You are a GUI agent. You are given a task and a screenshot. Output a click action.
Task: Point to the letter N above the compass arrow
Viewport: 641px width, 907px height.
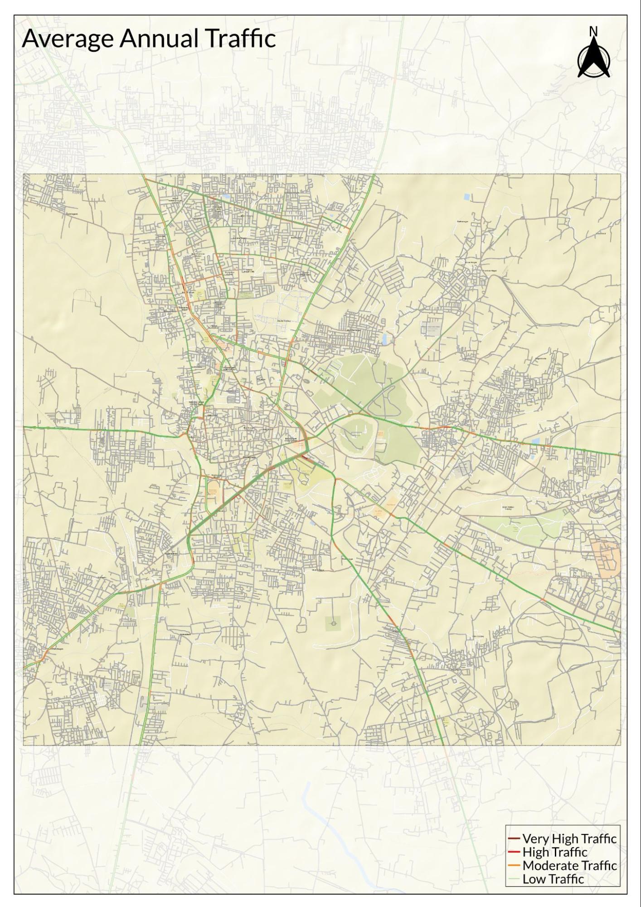593,31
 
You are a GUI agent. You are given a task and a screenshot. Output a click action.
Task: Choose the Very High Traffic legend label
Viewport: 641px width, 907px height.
569,838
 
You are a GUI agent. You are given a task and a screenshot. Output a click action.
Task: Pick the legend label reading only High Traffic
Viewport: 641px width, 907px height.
555,852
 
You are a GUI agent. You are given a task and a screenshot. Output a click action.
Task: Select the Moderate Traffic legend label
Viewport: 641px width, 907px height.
569,866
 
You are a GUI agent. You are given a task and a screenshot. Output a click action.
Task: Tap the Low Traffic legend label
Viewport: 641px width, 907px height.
553,879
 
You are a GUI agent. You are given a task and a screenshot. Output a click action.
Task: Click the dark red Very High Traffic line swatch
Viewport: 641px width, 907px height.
514,838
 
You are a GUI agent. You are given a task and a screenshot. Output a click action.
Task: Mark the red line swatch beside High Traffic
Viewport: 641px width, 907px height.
514,852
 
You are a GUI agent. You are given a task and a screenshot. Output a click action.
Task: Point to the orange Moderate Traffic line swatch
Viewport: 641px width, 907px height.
514,866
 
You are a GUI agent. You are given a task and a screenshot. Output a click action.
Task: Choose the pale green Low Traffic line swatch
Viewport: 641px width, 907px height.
514,879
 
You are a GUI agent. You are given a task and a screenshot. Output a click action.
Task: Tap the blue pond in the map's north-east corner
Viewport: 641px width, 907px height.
467,197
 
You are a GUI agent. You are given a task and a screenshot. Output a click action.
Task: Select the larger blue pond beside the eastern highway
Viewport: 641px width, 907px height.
536,441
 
